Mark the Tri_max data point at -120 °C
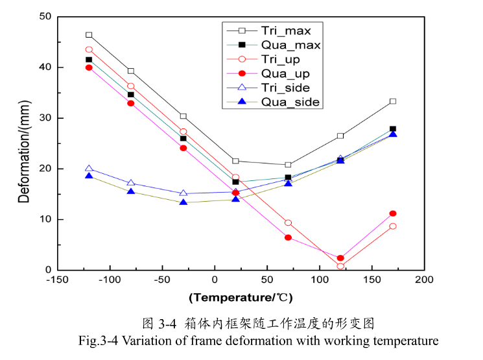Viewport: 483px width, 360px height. (89, 35)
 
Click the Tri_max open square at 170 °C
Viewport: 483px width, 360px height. (393, 101)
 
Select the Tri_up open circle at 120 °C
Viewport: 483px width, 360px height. (340, 266)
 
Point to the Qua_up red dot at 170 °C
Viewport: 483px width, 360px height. (393, 213)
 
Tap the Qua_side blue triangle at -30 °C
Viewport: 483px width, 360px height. (183, 202)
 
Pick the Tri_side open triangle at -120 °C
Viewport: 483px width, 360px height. (89, 169)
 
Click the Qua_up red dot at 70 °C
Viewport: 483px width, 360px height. (288, 237)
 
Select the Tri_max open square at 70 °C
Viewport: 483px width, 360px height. (288, 165)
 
